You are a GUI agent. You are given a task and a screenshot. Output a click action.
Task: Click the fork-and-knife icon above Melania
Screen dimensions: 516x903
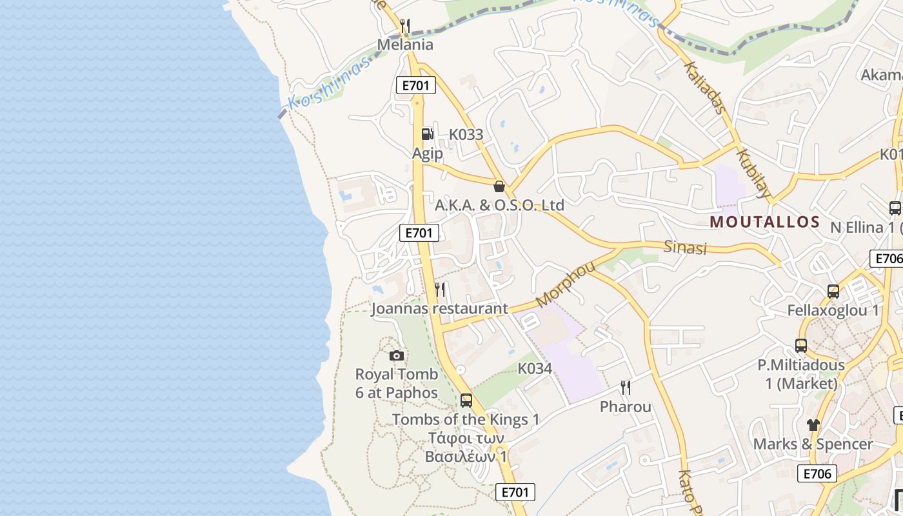(405, 26)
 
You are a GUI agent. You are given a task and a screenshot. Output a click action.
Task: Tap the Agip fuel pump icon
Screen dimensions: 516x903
(427, 134)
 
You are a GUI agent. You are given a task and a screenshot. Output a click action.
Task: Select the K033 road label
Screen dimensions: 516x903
(466, 135)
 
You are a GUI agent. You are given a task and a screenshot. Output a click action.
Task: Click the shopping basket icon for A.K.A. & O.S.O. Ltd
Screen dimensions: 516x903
(499, 186)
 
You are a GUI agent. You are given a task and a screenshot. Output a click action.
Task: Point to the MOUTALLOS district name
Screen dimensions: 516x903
(764, 223)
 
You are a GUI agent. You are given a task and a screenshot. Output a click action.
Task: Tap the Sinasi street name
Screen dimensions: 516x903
(686, 248)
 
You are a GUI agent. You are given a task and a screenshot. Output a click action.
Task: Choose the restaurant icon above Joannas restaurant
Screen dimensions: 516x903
(440, 290)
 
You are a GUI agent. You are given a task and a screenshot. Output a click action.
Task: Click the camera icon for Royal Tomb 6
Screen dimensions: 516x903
(397, 355)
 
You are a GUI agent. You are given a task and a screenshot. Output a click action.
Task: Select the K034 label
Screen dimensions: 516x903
(535, 368)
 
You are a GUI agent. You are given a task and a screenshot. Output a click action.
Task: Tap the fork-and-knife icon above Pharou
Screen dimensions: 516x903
(625, 388)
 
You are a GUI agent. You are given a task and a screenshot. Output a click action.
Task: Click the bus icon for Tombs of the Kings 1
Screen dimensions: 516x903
(466, 400)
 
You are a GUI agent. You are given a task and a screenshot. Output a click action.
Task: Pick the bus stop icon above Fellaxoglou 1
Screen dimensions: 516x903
(833, 291)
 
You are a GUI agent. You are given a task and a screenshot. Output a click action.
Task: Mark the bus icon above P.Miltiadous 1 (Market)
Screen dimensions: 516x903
(801, 346)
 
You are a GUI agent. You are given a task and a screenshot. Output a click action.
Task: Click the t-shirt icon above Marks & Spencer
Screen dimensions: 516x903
(813, 425)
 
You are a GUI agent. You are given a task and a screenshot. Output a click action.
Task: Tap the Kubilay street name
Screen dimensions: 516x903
(753, 173)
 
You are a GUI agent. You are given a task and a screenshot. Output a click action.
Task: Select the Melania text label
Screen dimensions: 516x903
(405, 45)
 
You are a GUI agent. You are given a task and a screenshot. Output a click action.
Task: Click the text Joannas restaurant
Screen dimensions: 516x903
(439, 308)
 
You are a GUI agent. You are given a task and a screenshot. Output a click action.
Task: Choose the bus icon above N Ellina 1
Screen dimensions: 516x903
(895, 208)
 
